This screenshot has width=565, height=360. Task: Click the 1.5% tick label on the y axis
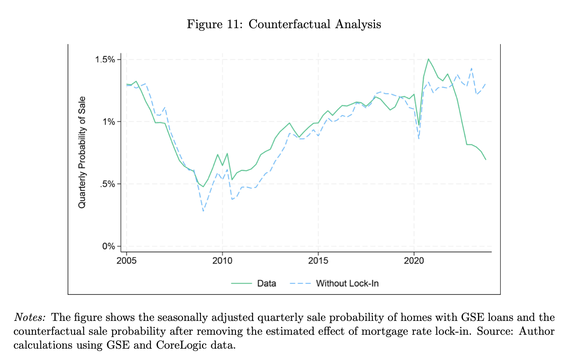[106, 59]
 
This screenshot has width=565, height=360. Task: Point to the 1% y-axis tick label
[109, 122]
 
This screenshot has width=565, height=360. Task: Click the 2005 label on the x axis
[127, 260]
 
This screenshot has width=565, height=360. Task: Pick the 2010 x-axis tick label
[222, 260]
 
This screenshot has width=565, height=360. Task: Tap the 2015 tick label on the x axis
[318, 260]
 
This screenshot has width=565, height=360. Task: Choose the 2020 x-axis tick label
[414, 260]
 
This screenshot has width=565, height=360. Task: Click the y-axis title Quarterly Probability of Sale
[82, 152]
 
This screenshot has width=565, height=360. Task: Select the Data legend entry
[267, 283]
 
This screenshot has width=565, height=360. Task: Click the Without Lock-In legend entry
[347, 283]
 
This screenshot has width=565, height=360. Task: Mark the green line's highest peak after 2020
[428, 59]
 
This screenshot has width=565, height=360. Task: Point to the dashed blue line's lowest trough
[203, 211]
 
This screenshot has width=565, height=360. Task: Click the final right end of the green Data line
[486, 160]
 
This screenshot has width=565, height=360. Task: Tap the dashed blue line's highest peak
[472, 68]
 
